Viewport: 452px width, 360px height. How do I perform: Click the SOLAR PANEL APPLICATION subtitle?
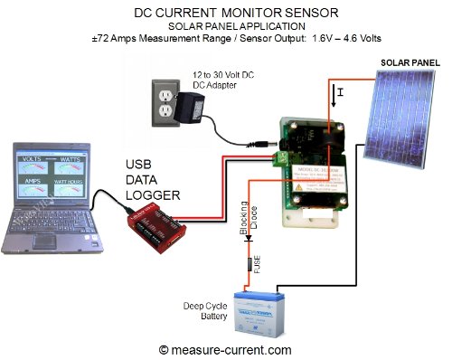tap(225, 27)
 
